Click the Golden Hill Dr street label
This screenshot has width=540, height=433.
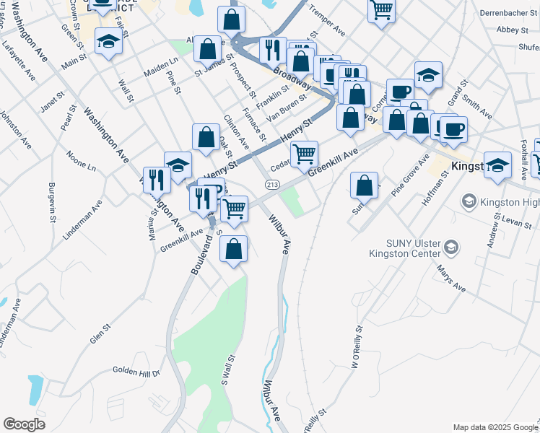[x=136, y=371]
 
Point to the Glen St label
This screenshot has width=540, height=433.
[x=100, y=333]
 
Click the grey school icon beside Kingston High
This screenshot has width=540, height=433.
[x=468, y=200]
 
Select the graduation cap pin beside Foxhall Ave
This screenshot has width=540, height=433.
[x=497, y=165]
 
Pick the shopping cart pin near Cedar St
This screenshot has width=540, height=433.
[x=305, y=154]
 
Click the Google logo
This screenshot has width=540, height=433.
[x=25, y=424]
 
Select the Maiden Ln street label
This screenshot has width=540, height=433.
[x=161, y=70]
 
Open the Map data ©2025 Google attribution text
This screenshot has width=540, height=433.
[x=495, y=427]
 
